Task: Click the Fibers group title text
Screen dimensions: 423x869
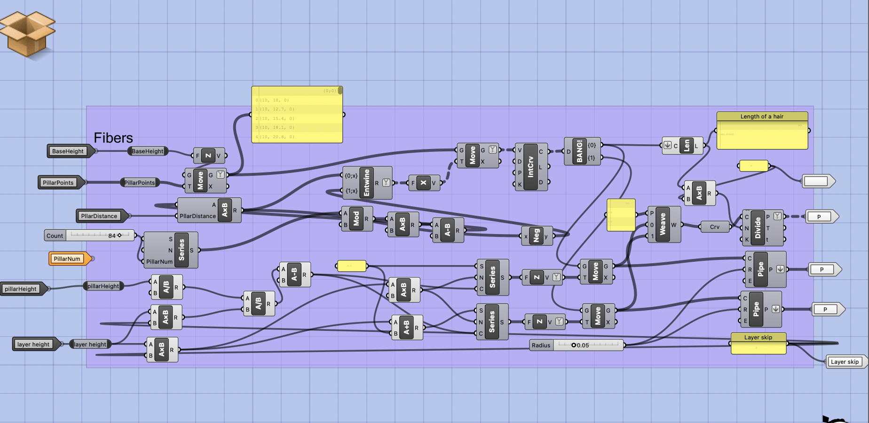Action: (x=113, y=138)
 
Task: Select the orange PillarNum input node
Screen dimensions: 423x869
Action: (x=67, y=258)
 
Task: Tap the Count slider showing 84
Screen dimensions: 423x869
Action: (x=89, y=235)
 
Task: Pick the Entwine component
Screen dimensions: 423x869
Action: (x=367, y=183)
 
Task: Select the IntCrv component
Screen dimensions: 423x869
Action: (x=530, y=167)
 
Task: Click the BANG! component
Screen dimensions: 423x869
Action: (x=579, y=151)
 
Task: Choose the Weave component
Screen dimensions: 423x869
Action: (x=663, y=224)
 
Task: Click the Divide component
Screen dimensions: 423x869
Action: (x=757, y=227)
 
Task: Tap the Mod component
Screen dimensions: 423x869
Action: (x=356, y=219)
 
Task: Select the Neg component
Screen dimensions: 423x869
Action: (x=536, y=236)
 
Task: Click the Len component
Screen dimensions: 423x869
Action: (x=687, y=146)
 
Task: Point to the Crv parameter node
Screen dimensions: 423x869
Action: (x=714, y=227)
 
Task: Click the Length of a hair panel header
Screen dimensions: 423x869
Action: (x=762, y=116)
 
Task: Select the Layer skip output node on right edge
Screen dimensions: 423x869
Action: (x=845, y=361)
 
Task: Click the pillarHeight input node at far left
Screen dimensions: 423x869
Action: (x=21, y=289)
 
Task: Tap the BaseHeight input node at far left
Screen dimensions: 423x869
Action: (x=68, y=151)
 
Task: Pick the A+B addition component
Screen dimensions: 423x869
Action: (x=407, y=327)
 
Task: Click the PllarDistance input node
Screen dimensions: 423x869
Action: (x=99, y=216)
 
